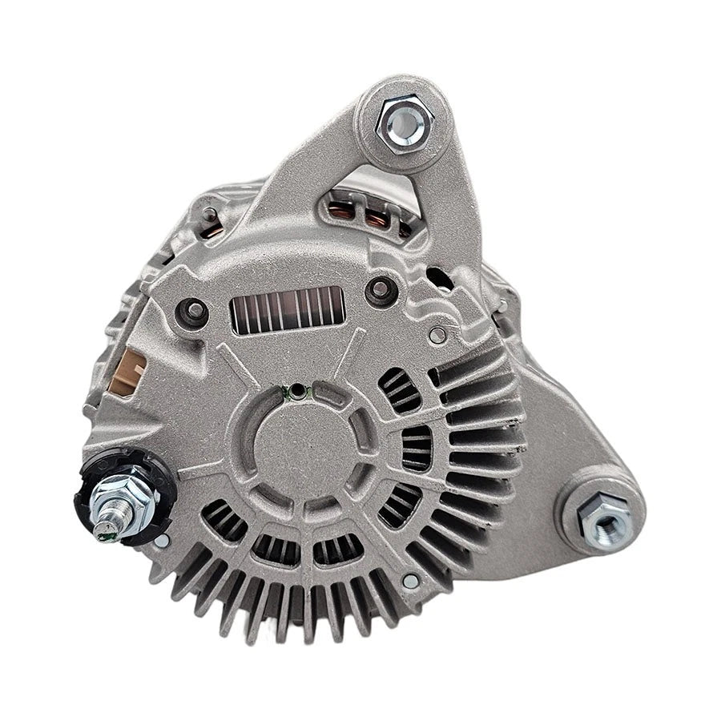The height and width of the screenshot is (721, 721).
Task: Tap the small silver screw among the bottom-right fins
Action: (410, 581)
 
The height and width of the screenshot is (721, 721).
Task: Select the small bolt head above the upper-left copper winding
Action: (210, 213)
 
